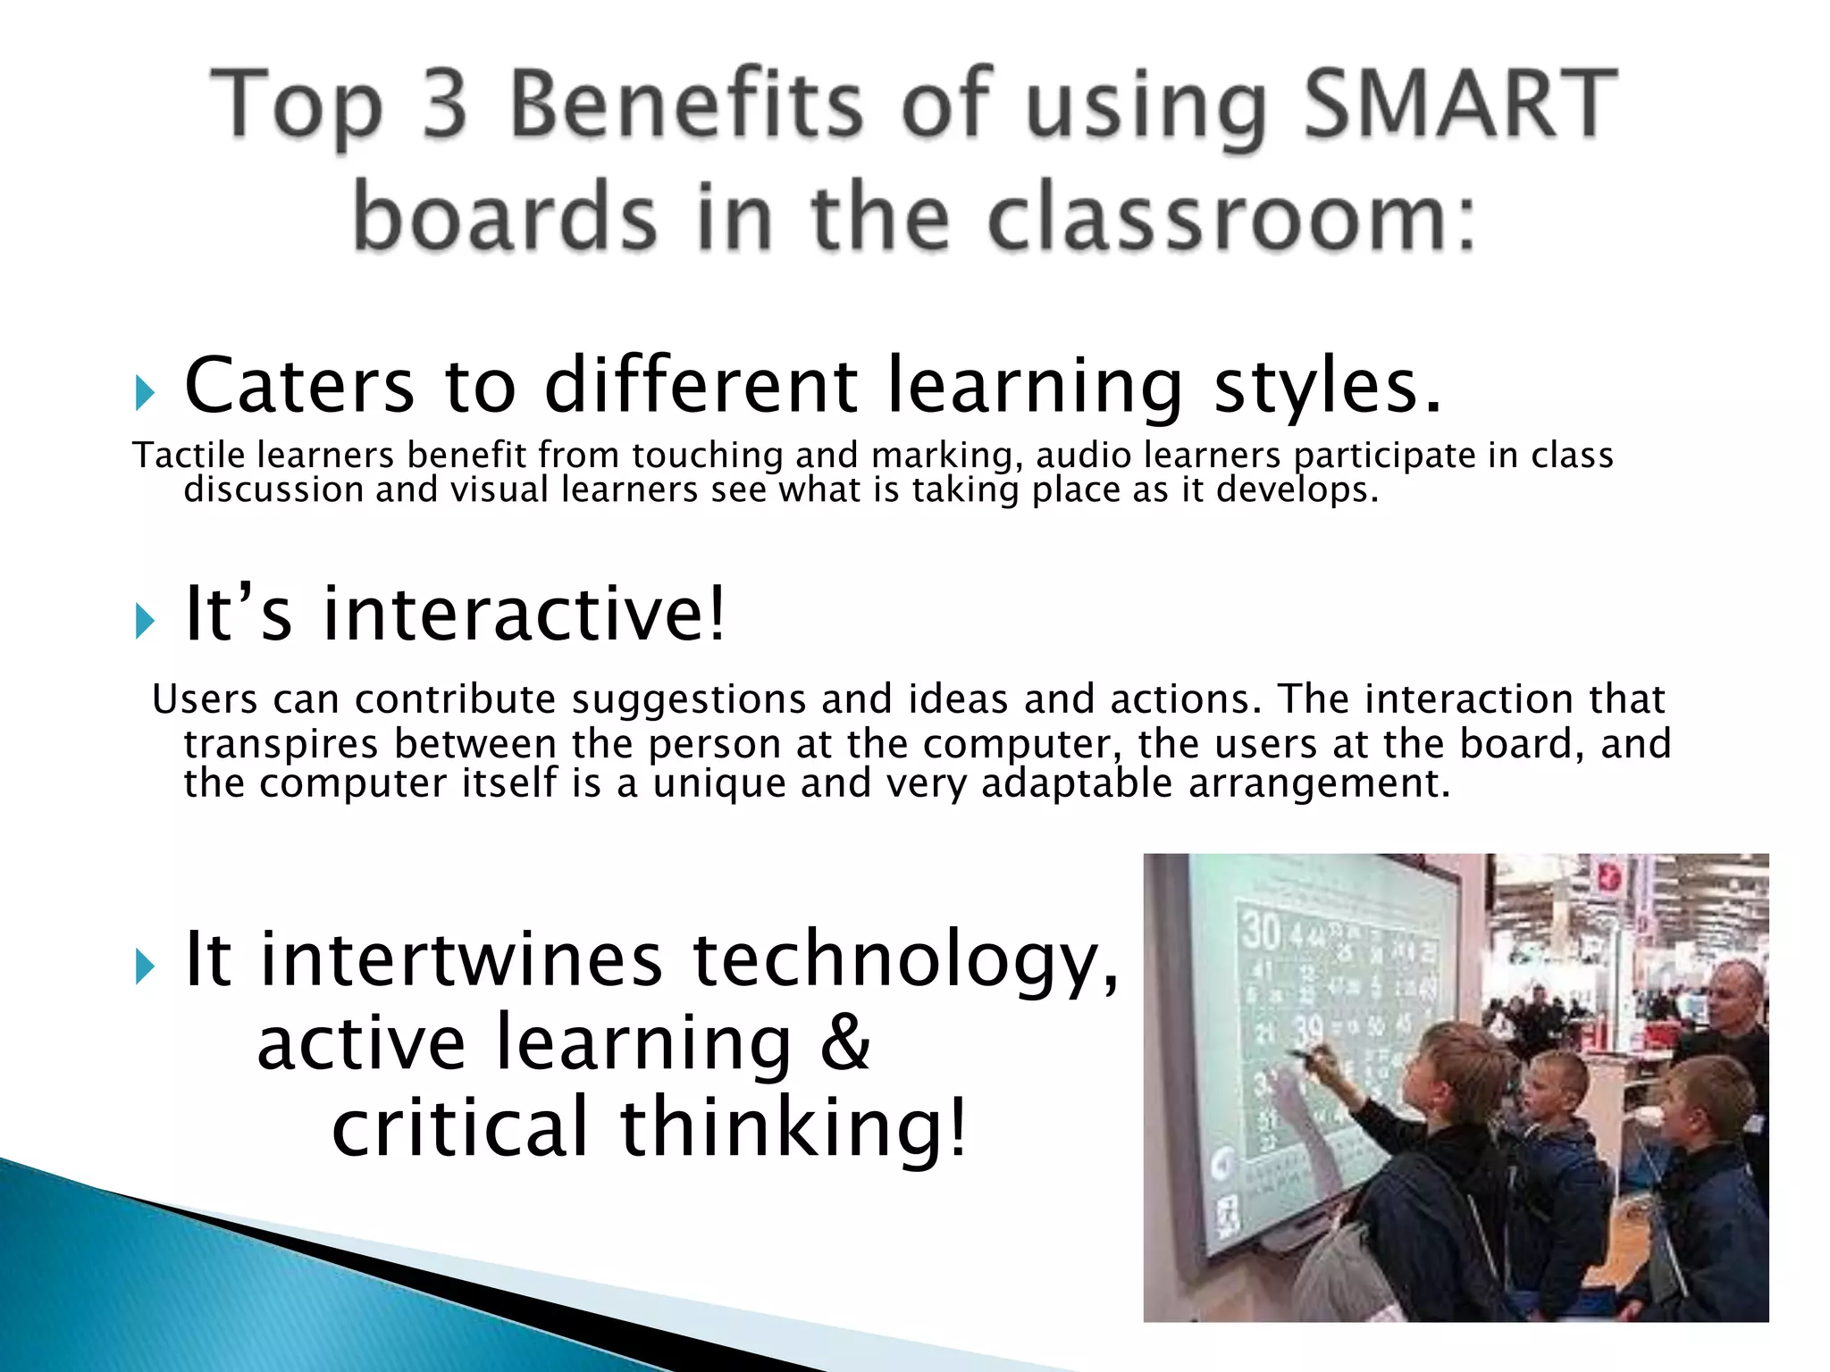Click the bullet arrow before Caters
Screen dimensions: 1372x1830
point(145,392)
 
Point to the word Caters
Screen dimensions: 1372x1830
point(299,386)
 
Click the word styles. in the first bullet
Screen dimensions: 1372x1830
point(1327,388)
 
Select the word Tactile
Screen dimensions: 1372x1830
point(189,456)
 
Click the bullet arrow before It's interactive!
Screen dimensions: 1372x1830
point(145,620)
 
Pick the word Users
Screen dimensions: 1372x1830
point(205,699)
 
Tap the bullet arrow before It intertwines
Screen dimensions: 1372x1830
point(145,966)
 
